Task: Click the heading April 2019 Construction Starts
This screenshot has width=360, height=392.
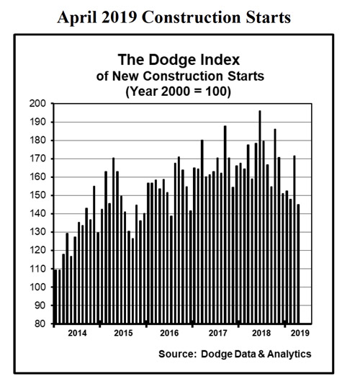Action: click(x=176, y=17)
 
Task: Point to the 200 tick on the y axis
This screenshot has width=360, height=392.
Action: click(x=40, y=104)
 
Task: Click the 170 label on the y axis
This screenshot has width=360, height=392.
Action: click(x=40, y=159)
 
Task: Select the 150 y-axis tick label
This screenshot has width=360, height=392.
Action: click(x=40, y=195)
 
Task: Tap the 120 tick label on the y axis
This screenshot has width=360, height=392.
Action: click(x=40, y=250)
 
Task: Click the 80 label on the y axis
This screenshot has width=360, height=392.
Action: click(x=42, y=324)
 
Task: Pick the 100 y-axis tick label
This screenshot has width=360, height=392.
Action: click(x=40, y=287)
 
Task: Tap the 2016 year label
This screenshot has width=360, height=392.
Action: click(x=168, y=334)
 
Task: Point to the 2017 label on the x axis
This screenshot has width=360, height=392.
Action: click(x=216, y=334)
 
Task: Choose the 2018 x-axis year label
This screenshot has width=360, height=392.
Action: click(x=262, y=334)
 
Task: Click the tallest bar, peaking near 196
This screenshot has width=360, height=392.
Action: click(x=260, y=216)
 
